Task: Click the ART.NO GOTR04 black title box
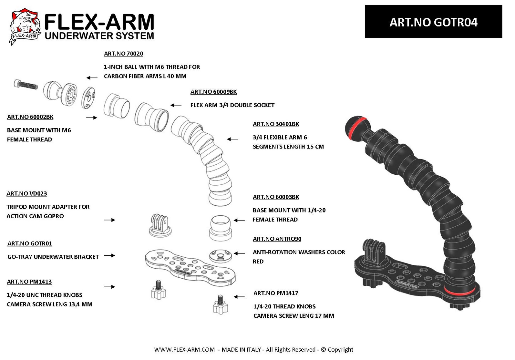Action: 433,21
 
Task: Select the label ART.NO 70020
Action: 123,54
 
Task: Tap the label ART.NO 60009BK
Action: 213,92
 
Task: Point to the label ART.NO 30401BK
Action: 276,124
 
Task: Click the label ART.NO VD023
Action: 27,194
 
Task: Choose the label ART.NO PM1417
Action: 276,293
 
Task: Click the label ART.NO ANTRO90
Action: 277,239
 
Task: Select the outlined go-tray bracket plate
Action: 191,268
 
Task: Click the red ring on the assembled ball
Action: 358,128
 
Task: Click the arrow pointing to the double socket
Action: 176,105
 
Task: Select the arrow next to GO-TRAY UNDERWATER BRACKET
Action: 109,255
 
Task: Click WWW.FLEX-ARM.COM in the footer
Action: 184,350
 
